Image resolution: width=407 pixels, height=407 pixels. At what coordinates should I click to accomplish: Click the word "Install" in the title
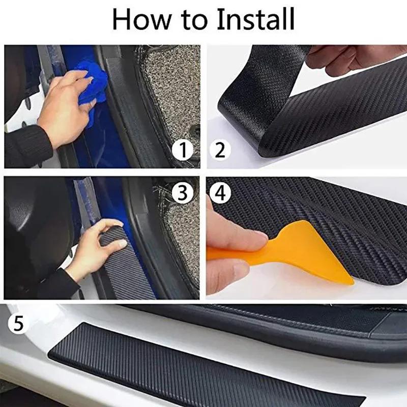(256, 20)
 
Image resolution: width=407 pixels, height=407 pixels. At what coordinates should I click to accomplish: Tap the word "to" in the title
(197, 21)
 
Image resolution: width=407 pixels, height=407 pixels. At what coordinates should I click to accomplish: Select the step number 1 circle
(182, 150)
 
